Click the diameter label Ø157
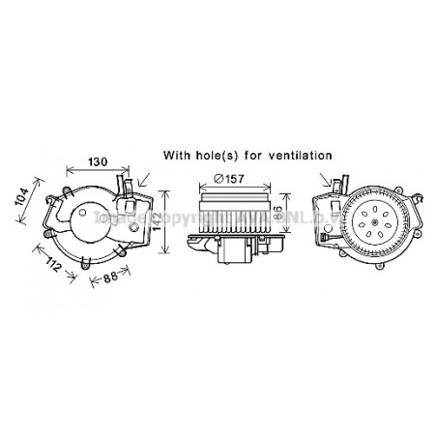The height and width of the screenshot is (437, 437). [228, 177]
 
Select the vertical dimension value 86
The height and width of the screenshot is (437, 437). [279, 213]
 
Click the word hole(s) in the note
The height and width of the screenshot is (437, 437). [220, 155]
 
